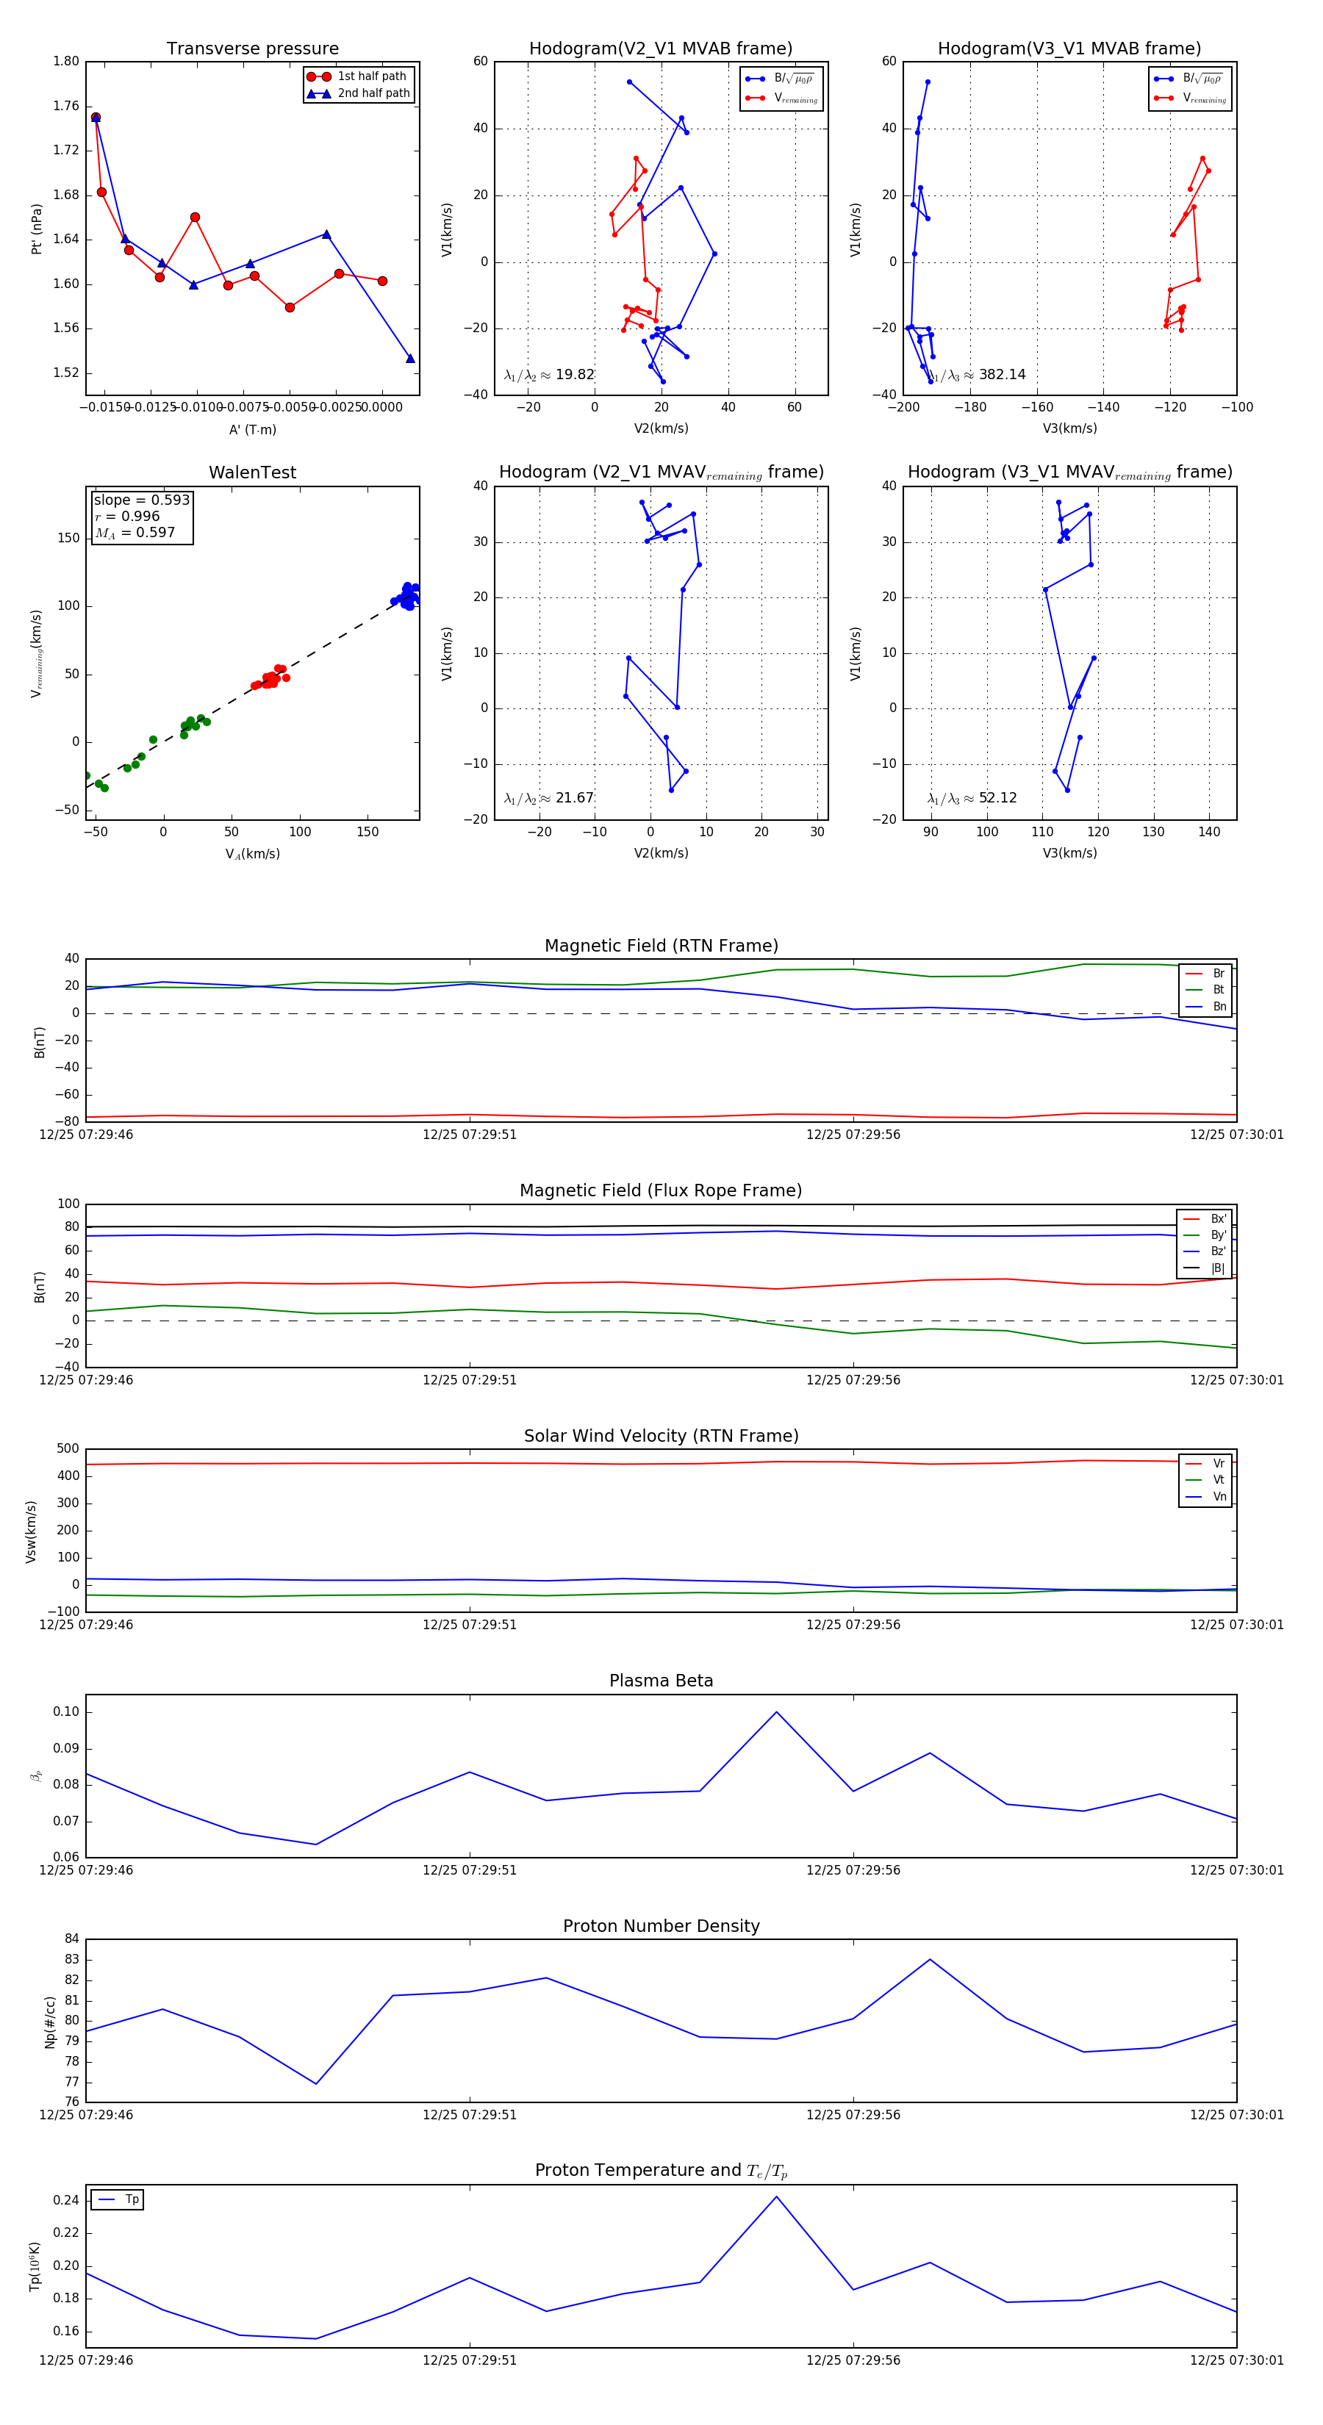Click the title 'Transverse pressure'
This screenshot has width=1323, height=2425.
pos(252,49)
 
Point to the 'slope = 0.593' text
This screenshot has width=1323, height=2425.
pos(141,500)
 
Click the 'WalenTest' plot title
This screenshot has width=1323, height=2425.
pos(252,473)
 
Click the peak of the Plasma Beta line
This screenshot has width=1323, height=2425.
pos(776,1711)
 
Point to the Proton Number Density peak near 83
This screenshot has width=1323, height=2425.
pos(929,1960)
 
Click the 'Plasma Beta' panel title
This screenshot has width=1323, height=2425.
pos(661,1681)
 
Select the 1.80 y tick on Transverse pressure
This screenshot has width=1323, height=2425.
pos(66,61)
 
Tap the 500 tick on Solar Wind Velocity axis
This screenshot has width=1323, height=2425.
pos(67,1449)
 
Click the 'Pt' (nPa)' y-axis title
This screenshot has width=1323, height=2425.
pos(37,229)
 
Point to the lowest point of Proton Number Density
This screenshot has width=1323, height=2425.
pos(315,2083)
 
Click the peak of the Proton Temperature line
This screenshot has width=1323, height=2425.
pos(776,2196)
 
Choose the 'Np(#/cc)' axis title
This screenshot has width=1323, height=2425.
pos(50,2022)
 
